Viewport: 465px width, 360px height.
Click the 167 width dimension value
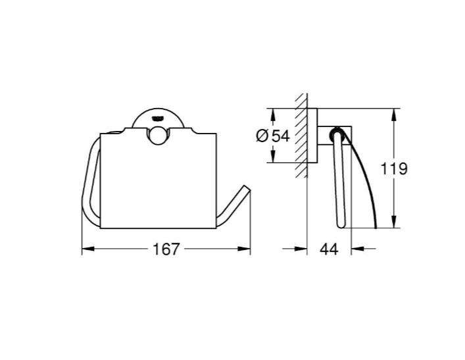click(x=166, y=249)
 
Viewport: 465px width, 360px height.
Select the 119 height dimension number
click(x=393, y=168)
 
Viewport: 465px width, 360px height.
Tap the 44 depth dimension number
click(x=329, y=249)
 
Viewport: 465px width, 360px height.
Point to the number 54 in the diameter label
click(x=281, y=136)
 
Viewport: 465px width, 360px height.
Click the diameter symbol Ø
click(x=262, y=136)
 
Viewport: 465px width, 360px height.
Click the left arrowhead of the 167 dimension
click(x=87, y=249)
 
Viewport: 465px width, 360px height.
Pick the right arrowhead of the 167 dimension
click(x=244, y=249)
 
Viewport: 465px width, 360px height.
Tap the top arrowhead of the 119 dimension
click(x=394, y=115)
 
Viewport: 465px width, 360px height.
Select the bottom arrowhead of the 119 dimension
click(x=394, y=222)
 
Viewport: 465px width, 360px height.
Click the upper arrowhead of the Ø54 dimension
click(x=273, y=115)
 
